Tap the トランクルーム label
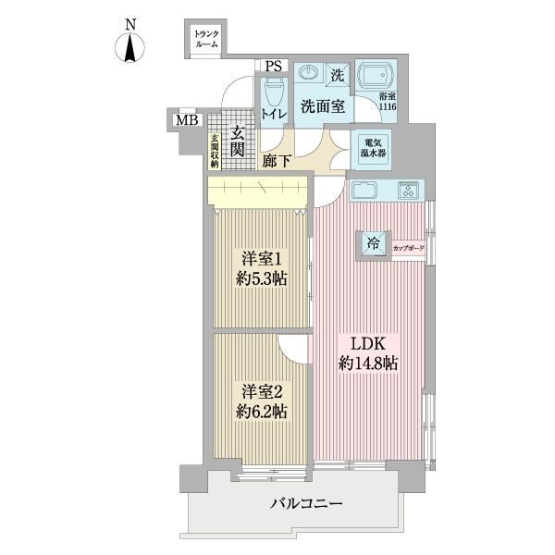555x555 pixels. click(x=206, y=39)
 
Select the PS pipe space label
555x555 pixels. click(x=274, y=67)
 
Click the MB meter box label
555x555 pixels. click(x=187, y=120)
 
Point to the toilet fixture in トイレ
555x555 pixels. click(x=274, y=92)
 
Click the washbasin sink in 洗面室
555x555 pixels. click(x=309, y=73)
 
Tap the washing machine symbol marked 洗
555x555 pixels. click(x=338, y=75)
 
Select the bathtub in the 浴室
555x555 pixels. click(x=376, y=77)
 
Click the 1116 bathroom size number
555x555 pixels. click(x=388, y=106)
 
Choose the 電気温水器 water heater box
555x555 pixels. click(x=373, y=149)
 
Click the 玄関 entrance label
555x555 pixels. click(x=238, y=142)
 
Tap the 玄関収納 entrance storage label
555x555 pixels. click(x=215, y=151)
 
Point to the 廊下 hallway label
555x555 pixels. click(x=277, y=161)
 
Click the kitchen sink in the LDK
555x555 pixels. click(x=364, y=190)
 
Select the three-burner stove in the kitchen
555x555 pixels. click(x=409, y=190)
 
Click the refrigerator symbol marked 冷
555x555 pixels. click(x=374, y=243)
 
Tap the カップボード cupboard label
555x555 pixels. click(x=408, y=248)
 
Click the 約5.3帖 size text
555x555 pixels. click(x=261, y=279)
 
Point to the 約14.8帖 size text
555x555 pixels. click(x=368, y=364)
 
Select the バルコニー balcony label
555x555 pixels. click(x=306, y=503)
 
